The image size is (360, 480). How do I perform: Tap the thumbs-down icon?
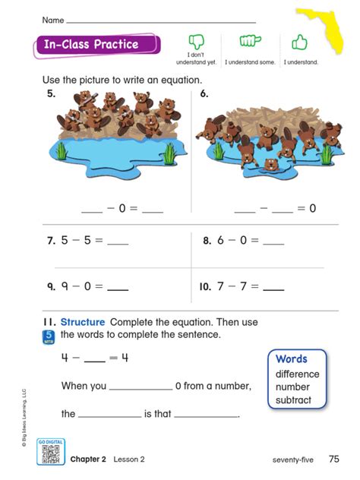tap(197, 42)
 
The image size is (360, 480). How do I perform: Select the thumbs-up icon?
tap(300, 42)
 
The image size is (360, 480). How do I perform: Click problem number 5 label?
tap(51, 94)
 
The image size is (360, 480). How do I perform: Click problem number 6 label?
tap(204, 94)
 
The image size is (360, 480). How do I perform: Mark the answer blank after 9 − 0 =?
tap(118, 289)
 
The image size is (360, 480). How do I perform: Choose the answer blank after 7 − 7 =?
tap(273, 289)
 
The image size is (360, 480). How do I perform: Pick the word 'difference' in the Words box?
tap(297, 374)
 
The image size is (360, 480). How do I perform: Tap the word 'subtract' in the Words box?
tap(294, 399)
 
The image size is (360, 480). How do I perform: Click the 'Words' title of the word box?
tap(291, 358)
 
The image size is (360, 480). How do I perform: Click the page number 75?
tap(334, 459)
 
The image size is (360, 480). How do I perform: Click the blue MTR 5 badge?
tap(49, 336)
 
